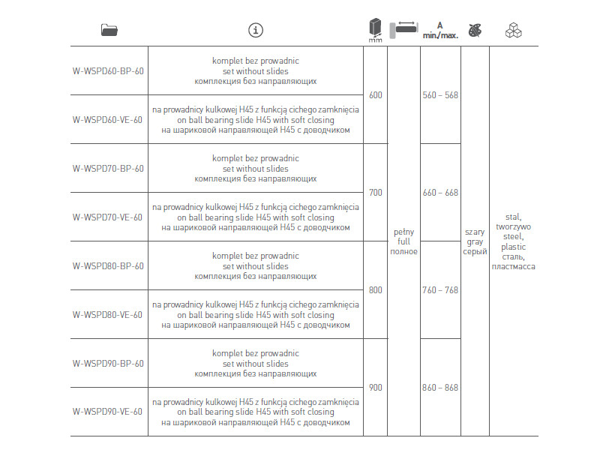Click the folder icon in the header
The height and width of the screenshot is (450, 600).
pyautogui.click(x=109, y=30)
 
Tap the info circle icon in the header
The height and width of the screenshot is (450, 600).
pyautogui.click(x=256, y=30)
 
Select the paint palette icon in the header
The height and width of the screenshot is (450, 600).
pyautogui.click(x=475, y=30)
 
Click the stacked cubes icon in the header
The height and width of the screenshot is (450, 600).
pyautogui.click(x=514, y=30)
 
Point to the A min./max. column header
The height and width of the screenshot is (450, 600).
pyautogui.click(x=440, y=30)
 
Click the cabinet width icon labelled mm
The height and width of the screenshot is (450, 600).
pyautogui.click(x=375, y=31)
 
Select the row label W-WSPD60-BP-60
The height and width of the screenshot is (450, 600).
pyautogui.click(x=108, y=71)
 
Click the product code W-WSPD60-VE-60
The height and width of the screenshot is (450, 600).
pyautogui.click(x=107, y=119)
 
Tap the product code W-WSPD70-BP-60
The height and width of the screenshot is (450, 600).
pyautogui.click(x=108, y=169)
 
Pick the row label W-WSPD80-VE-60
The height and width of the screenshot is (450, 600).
pyautogui.click(x=107, y=315)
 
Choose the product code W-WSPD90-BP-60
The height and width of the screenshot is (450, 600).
pyautogui.click(x=108, y=364)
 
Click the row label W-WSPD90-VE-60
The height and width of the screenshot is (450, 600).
pyautogui.click(x=107, y=412)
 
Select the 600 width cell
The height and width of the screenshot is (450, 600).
pyautogui.click(x=376, y=95)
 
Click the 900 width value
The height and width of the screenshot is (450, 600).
pyautogui.click(x=376, y=388)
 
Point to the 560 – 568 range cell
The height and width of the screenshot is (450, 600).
pyautogui.click(x=440, y=95)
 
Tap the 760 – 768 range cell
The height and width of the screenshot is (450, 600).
pyautogui.click(x=440, y=290)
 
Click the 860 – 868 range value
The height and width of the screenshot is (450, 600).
pyautogui.click(x=440, y=388)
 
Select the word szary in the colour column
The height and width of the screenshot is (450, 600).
pyautogui.click(x=475, y=232)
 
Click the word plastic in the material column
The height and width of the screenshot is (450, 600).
pyautogui.click(x=514, y=247)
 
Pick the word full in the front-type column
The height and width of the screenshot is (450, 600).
pyautogui.click(x=403, y=241)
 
